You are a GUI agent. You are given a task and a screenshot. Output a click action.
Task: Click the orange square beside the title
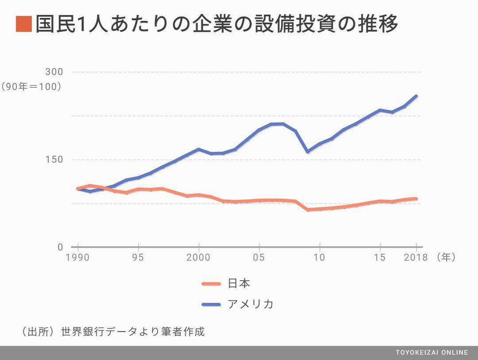pyautogui.click(x=23, y=24)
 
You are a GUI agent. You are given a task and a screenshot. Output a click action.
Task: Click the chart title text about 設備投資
pyautogui.click(x=217, y=24)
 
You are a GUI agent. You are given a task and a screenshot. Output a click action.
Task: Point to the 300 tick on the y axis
pyautogui.click(x=54, y=72)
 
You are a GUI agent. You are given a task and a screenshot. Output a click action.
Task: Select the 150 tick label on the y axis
pyautogui.click(x=54, y=159)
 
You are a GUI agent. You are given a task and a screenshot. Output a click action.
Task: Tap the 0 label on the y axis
pyautogui.click(x=61, y=247)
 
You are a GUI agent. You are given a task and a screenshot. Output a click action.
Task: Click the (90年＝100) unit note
pyautogui.click(x=31, y=87)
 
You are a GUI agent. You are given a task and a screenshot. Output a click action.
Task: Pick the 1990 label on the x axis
pyautogui.click(x=78, y=258)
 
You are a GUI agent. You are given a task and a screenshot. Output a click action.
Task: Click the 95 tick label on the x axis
pyautogui.click(x=139, y=258)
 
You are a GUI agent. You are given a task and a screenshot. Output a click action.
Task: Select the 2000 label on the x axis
pyautogui.click(x=199, y=258)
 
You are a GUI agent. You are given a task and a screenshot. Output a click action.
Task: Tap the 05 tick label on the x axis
pyautogui.click(x=259, y=258)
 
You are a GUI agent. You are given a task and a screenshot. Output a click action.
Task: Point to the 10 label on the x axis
pyautogui.click(x=320, y=258)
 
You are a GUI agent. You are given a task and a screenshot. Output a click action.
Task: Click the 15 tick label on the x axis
pyautogui.click(x=380, y=258)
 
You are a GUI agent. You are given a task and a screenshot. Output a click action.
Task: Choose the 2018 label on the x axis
pyautogui.click(x=416, y=258)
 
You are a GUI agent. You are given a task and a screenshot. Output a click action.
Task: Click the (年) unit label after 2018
pyautogui.click(x=445, y=257)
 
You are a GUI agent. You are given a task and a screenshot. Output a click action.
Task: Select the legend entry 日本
pyautogui.click(x=239, y=283)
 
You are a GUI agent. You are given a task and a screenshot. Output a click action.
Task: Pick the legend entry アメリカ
pyautogui.click(x=251, y=304)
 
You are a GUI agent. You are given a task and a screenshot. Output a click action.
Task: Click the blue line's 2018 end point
pyautogui.click(x=416, y=96)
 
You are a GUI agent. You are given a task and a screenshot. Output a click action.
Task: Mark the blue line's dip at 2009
pyautogui.click(x=308, y=151)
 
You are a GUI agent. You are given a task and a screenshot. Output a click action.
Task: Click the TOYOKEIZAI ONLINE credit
pyautogui.click(x=432, y=352)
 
